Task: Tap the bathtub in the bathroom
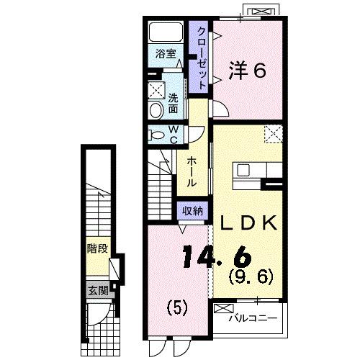point(166,33)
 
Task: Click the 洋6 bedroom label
point(248,70)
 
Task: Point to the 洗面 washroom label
point(174,104)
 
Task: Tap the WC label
point(173,135)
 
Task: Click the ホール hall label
point(192,174)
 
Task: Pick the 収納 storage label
point(191,212)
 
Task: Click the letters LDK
point(248,224)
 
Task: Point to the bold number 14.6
point(216,256)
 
